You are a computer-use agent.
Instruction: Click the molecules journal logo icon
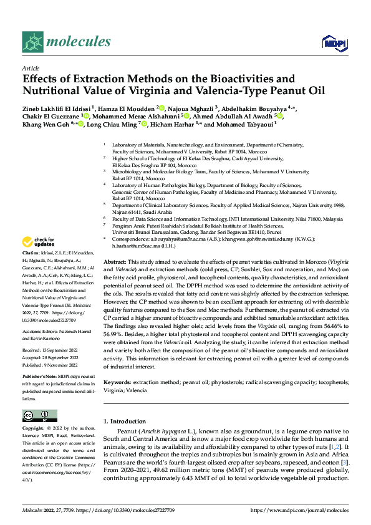pyautogui.click(x=33, y=42)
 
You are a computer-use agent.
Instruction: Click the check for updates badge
pyautogui.click(x=39, y=242)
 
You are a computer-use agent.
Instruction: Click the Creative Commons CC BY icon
pyautogui.click(x=39, y=416)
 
